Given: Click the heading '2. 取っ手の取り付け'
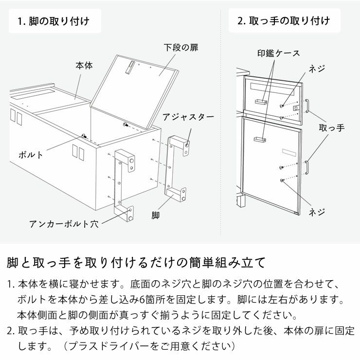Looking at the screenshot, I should click(283, 21).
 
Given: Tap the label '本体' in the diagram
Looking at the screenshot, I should click(84, 65).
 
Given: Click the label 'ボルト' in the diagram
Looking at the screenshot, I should click(31, 155).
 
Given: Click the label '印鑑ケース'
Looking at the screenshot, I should click(279, 53).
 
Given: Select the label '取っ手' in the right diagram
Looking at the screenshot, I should click(331, 128).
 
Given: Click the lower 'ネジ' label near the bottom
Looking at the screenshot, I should click(317, 212).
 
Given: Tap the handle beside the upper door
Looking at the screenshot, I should click(307, 106).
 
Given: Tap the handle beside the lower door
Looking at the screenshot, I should click(307, 165).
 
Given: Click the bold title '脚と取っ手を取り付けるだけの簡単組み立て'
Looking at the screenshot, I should click(136, 263).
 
